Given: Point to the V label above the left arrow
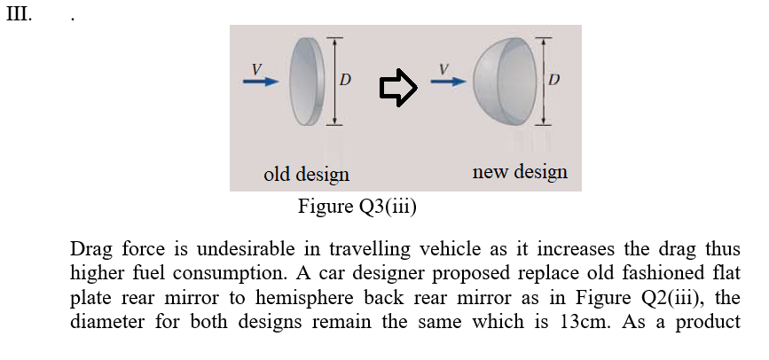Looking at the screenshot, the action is click(256, 67).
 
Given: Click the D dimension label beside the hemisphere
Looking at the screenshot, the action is click(553, 81).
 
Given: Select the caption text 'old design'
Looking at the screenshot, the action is click(306, 174).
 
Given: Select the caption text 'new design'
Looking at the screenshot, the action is click(520, 171).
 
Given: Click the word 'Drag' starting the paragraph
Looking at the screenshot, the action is click(90, 248).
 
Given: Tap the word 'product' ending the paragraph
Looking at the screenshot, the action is click(710, 321).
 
